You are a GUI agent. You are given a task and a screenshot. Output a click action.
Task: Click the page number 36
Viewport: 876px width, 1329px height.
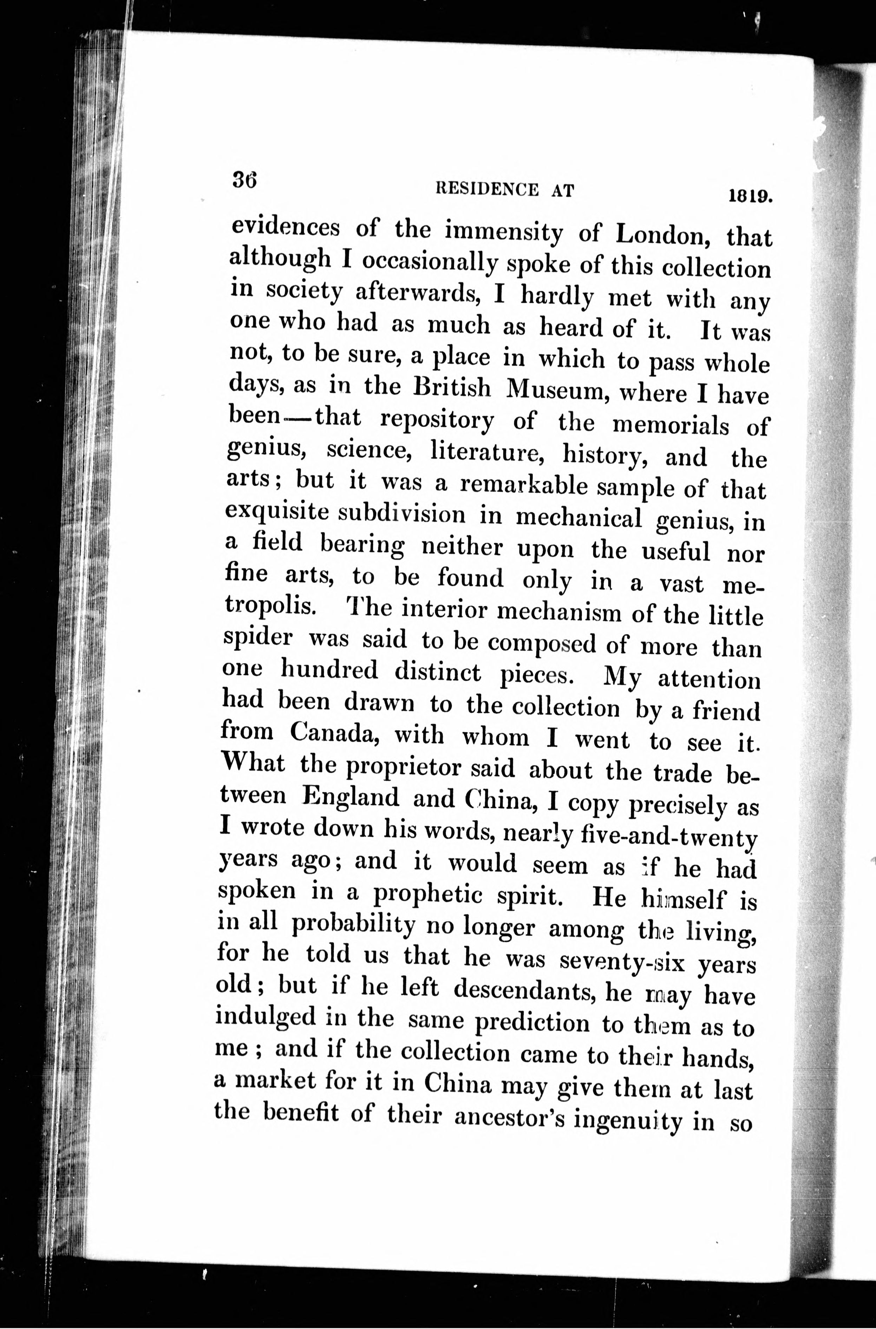pos(244,180)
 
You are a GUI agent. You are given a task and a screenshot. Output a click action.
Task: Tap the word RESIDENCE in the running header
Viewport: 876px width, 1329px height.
pos(486,190)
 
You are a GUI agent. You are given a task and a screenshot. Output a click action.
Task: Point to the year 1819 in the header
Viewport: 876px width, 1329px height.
pos(749,196)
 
